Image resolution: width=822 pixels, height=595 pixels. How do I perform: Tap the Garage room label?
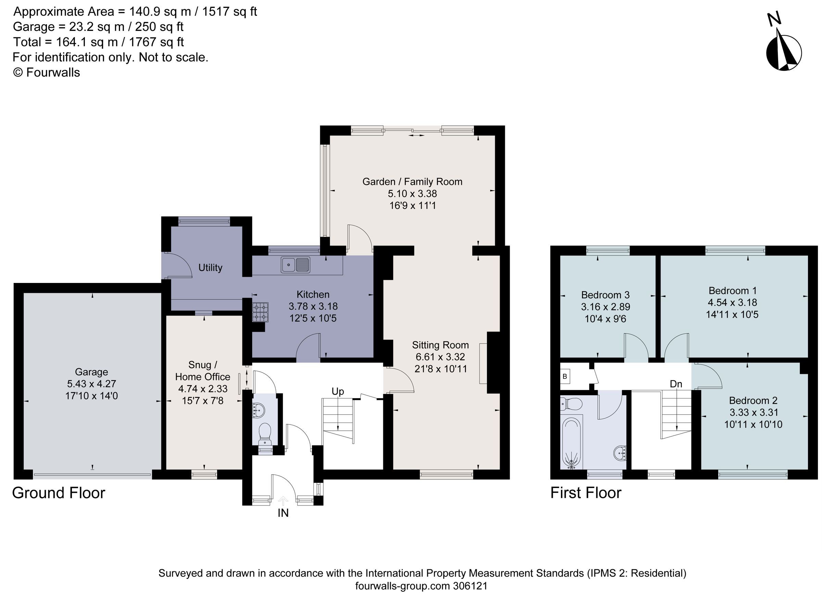click(91, 372)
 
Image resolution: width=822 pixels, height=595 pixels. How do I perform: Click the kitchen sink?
click(295, 264)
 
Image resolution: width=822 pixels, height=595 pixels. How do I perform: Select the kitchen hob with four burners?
click(260, 312)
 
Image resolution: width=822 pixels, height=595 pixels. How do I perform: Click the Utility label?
click(210, 268)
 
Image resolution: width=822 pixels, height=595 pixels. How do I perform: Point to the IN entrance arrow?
click(283, 501)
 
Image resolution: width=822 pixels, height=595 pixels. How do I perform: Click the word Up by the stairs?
click(337, 392)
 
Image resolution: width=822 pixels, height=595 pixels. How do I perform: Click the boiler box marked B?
click(565, 377)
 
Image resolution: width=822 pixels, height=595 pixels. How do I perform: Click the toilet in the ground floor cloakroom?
click(265, 433)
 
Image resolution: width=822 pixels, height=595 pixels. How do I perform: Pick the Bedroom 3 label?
click(605, 295)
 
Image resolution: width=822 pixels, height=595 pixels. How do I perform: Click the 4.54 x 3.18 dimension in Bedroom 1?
click(732, 302)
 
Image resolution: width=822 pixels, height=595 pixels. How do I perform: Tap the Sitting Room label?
click(440, 345)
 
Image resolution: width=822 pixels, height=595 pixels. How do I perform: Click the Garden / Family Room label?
click(412, 182)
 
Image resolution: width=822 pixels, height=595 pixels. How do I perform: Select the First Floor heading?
click(586, 493)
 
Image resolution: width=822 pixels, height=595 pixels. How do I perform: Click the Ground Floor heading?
click(59, 493)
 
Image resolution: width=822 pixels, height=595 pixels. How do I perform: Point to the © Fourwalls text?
click(46, 73)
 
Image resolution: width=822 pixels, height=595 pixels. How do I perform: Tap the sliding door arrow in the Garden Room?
click(416, 135)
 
